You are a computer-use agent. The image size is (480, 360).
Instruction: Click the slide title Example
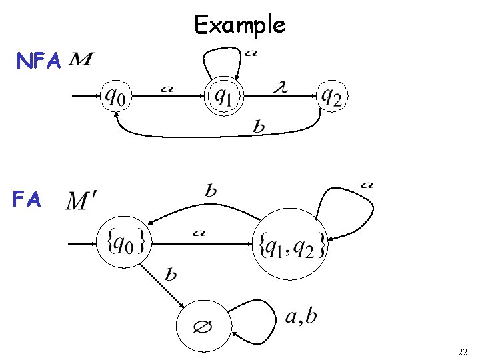pos(240,25)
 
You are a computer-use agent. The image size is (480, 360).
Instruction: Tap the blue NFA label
pos(39,62)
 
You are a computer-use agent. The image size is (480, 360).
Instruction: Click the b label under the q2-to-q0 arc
pos(260,127)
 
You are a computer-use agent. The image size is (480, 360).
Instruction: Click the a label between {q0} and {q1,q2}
pos(198,233)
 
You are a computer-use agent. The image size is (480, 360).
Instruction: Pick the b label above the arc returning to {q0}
pos(210,191)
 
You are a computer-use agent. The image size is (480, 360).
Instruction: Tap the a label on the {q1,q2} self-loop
pos(366,184)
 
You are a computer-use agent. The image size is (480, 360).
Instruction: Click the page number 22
pos(463,351)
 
